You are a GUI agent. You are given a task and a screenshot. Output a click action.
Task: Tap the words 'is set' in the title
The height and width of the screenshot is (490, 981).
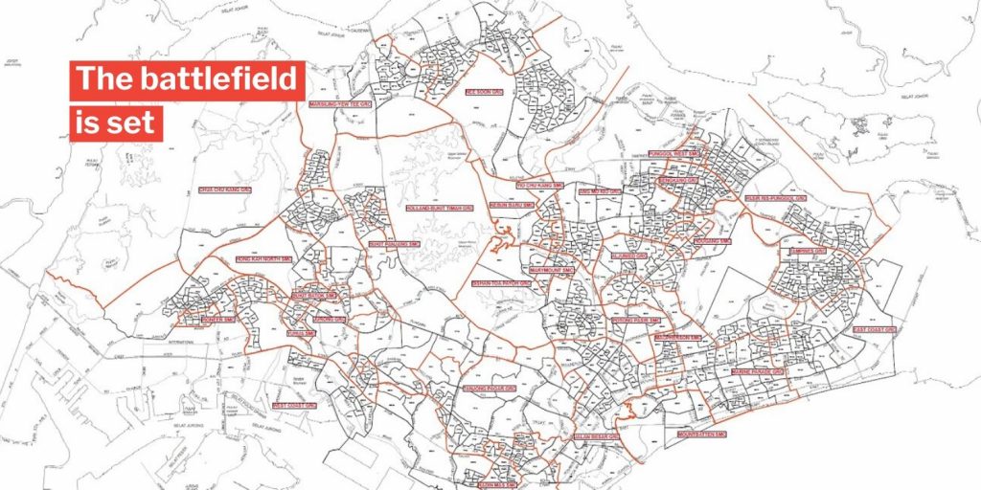pyautogui.click(x=115, y=124)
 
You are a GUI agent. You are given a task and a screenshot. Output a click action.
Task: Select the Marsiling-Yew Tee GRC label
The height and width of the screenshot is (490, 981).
pyautogui.click(x=339, y=103)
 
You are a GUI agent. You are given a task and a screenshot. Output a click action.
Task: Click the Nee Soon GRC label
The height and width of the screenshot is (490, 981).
pyautogui.click(x=485, y=93)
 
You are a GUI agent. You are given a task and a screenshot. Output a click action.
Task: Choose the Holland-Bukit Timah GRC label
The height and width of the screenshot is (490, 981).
pyautogui.click(x=440, y=206)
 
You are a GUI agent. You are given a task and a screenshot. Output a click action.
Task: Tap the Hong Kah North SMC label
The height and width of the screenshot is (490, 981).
pyautogui.click(x=263, y=258)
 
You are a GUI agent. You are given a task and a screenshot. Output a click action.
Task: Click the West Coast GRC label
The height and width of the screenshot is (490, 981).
pyautogui.click(x=294, y=405)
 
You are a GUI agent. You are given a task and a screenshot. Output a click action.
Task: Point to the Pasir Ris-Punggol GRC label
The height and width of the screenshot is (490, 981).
pyautogui.click(x=776, y=199)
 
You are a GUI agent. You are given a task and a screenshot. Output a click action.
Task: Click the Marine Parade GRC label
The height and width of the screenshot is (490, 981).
pyautogui.click(x=758, y=370)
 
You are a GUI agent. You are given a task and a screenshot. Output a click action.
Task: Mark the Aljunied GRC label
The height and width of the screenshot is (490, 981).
pyautogui.click(x=629, y=256)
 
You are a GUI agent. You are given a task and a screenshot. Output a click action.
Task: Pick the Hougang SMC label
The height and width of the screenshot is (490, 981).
pyautogui.click(x=713, y=241)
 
